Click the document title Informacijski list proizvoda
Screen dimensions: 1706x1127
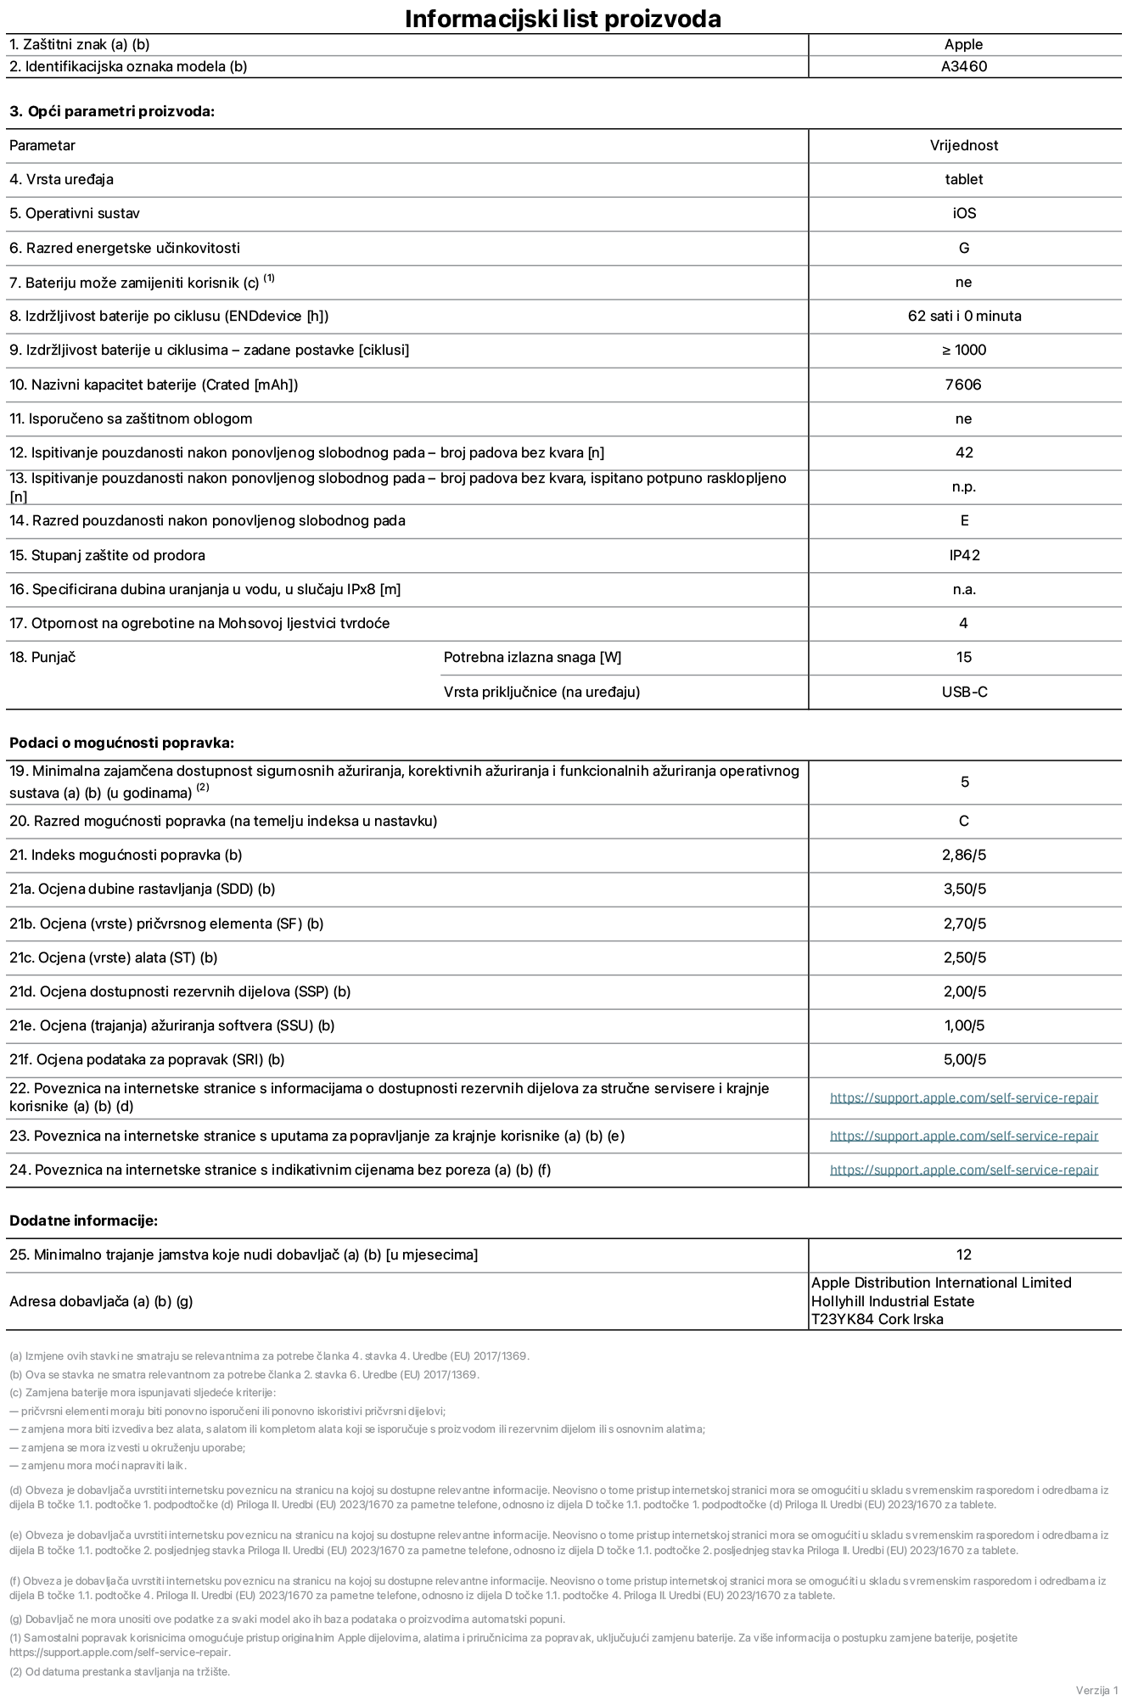tap(563, 19)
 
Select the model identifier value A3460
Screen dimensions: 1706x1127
tap(964, 66)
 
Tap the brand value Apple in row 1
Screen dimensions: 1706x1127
tap(964, 44)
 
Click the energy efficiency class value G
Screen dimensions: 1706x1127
tap(964, 248)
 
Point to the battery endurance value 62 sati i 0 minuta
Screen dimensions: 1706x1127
tap(964, 316)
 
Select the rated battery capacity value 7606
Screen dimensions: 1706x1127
tap(964, 384)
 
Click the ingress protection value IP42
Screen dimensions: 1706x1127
tap(964, 555)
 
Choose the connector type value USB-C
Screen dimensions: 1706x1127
tap(964, 692)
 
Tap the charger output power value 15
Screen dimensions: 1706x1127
tap(964, 657)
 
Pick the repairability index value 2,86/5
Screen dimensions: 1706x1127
tap(964, 855)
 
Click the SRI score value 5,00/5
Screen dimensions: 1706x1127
tap(964, 1059)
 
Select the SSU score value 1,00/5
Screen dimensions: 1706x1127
tap(964, 1025)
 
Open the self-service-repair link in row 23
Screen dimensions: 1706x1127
tap(964, 1136)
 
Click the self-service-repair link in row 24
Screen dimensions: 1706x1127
tap(964, 1170)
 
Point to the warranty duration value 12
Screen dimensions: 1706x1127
tap(964, 1254)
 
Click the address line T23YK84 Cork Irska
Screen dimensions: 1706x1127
tap(877, 1319)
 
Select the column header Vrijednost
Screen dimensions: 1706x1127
tap(964, 145)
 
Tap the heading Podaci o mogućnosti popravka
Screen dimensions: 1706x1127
tap(121, 743)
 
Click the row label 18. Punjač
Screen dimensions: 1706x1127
tap(42, 657)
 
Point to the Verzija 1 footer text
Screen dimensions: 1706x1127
tap(1096, 1690)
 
